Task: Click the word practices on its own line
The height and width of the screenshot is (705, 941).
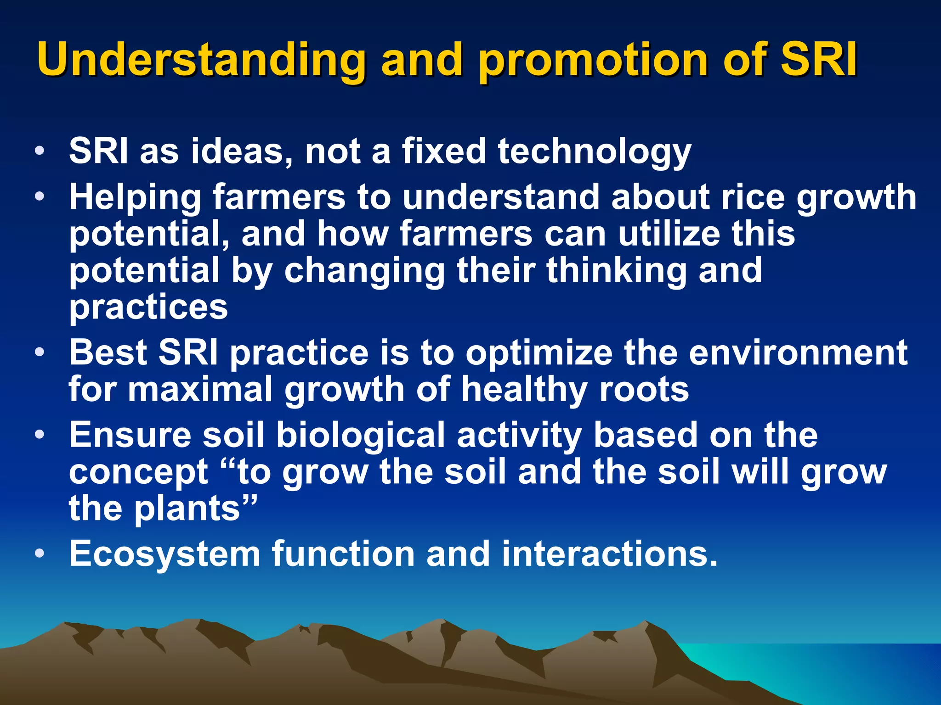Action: (x=148, y=308)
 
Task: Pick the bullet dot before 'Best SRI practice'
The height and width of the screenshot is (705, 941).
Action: (x=40, y=352)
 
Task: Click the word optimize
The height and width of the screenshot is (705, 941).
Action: (x=539, y=353)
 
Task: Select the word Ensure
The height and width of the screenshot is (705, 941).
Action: (x=130, y=435)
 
